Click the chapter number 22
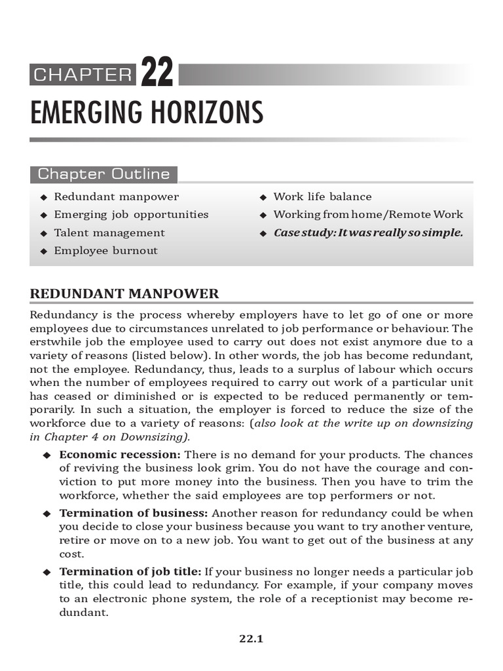[157, 74]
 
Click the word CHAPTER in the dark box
[83, 75]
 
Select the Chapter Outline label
[103, 174]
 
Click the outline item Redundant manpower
[116, 197]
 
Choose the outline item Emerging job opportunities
[131, 214]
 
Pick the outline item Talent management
[109, 233]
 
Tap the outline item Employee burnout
[105, 250]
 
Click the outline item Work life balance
[322, 197]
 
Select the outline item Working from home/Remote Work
[368, 214]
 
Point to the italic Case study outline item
[368, 233]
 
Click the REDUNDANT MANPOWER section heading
[124, 294]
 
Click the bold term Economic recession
[121, 454]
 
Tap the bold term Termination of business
[134, 513]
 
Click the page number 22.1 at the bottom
[251, 639]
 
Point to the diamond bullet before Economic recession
[47, 455]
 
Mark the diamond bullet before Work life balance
[263, 197]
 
